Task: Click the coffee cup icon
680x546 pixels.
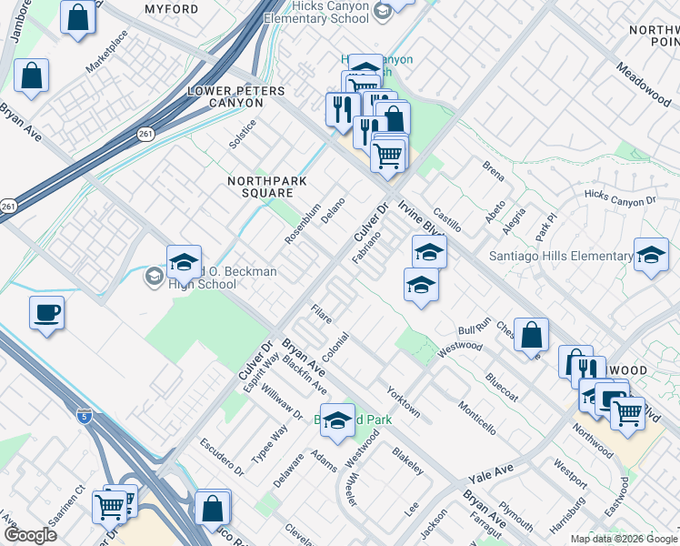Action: pyautogui.click(x=46, y=314)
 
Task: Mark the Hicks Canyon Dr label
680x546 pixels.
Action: pyautogui.click(x=620, y=197)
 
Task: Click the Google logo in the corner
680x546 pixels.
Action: pyautogui.click(x=30, y=535)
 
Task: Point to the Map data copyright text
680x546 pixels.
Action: pyautogui.click(x=624, y=539)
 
